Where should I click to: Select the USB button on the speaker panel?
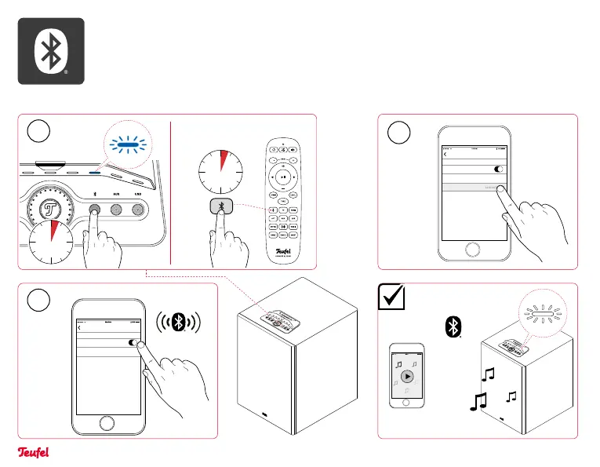click(140, 210)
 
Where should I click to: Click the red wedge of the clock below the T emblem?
click(53, 232)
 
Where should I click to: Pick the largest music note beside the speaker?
click(477, 403)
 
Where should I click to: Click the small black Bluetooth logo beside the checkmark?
click(452, 328)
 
